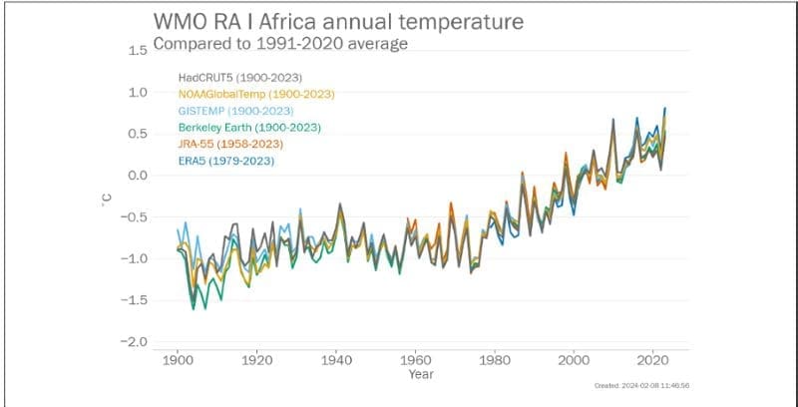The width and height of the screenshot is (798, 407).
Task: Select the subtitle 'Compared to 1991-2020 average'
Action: point(280,45)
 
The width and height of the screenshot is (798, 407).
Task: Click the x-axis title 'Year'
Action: point(420,375)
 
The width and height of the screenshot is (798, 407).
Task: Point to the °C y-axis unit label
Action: point(106,200)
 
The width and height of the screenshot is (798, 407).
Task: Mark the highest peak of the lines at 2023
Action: point(665,108)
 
